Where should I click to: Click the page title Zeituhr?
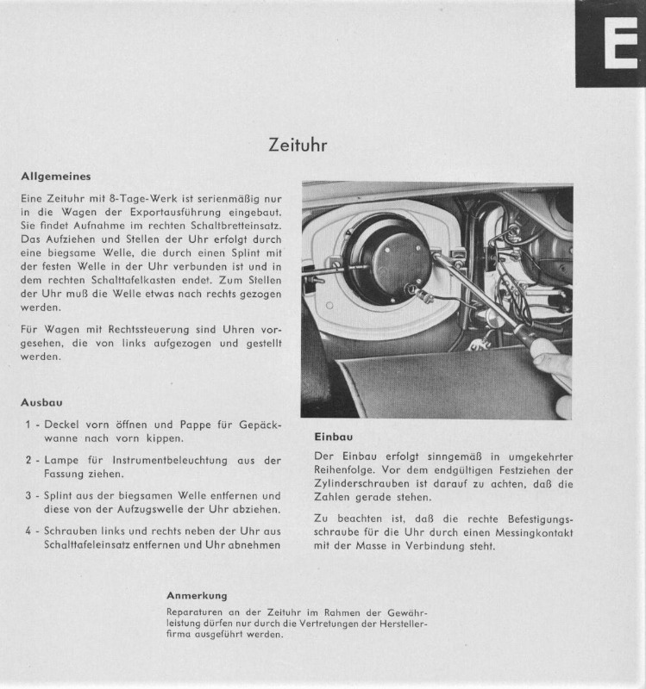(298, 146)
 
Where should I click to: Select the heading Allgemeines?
(56, 177)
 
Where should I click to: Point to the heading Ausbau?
(41, 402)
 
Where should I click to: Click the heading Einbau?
(333, 437)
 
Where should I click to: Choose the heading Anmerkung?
(197, 595)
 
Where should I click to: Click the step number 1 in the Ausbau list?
(28, 425)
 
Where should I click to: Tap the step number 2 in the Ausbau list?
(28, 461)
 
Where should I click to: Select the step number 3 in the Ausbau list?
(28, 496)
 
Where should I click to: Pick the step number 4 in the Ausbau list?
(28, 531)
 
